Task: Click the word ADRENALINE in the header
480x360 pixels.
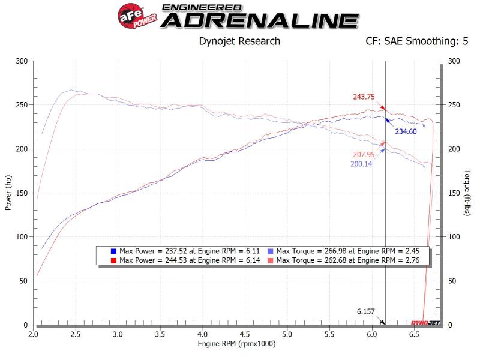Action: click(260, 20)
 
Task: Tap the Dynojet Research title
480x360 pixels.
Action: click(239, 41)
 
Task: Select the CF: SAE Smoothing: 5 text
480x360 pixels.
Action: click(416, 41)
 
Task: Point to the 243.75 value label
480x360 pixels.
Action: click(364, 97)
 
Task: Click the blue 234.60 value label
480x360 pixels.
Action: click(405, 131)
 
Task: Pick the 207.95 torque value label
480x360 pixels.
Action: click(365, 154)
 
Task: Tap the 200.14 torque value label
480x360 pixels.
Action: click(361, 164)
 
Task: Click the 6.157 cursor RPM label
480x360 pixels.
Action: click(365, 312)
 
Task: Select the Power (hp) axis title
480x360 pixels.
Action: click(8, 193)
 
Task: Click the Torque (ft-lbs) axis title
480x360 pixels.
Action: click(467, 193)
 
